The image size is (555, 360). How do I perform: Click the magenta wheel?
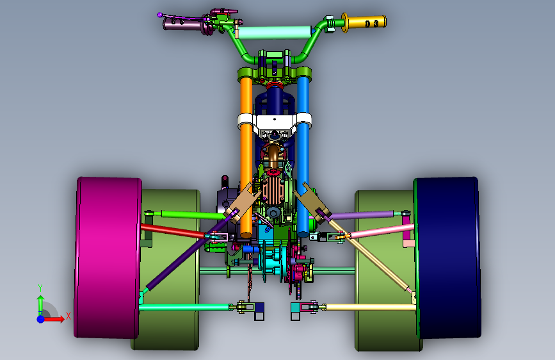coord(108,257)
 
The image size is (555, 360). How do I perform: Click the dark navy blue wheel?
coord(447,257)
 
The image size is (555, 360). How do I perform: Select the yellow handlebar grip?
coord(364,22)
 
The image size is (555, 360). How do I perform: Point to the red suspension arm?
coord(173,231)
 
